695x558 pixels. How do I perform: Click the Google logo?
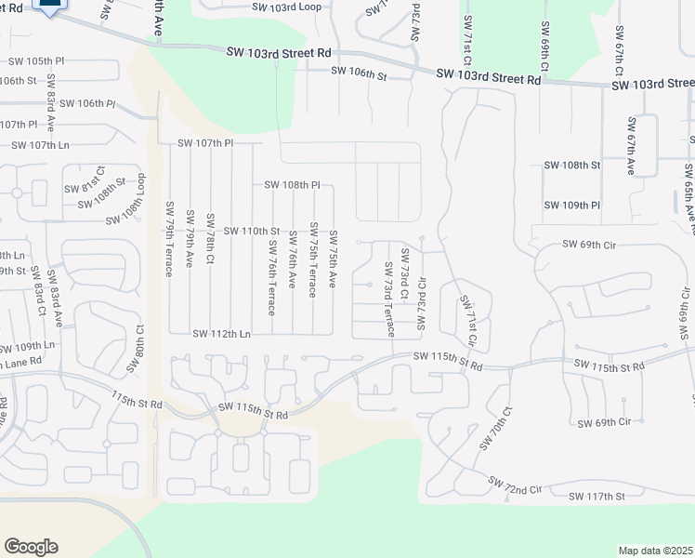tap(31, 547)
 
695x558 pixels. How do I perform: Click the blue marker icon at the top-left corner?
tap(49, 6)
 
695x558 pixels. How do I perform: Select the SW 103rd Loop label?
tap(286, 6)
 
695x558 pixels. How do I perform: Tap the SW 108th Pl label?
tap(292, 185)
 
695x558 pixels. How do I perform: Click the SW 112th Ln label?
tap(221, 334)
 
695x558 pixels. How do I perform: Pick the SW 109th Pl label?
tap(570, 205)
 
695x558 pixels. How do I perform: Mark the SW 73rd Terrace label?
tap(389, 311)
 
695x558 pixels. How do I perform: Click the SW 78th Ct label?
tap(210, 243)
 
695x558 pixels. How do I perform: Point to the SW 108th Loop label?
tap(125, 208)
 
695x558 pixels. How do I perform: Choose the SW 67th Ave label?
tap(631, 146)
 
